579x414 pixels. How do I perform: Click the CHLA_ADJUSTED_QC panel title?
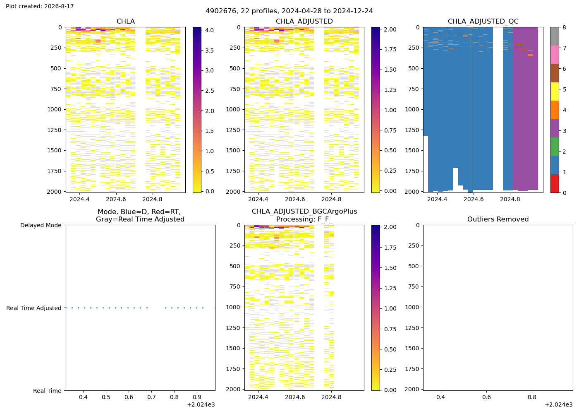coord(483,21)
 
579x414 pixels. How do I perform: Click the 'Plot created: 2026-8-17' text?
coord(40,6)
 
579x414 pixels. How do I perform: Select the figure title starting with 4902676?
coord(289,11)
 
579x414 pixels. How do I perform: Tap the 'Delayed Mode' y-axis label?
coord(41,225)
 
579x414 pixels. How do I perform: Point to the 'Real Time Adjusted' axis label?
coord(34,308)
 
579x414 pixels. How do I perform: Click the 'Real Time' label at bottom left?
coord(47,391)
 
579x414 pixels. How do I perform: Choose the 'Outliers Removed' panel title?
coord(498,219)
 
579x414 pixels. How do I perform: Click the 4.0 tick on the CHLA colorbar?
coord(209,30)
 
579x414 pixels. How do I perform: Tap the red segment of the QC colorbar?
coord(555,183)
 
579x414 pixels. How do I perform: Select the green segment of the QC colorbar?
coord(555,147)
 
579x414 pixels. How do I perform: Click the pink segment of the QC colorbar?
coord(555,55)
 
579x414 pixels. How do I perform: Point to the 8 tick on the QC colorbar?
coord(564,27)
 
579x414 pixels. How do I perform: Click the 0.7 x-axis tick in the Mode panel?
coord(151,397)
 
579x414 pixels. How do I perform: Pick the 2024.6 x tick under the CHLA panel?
coord(116,199)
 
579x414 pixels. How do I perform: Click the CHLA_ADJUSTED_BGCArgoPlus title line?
coord(304,212)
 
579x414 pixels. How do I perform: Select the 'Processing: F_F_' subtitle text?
coord(304,219)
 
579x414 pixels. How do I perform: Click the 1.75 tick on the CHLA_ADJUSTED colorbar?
coord(390,49)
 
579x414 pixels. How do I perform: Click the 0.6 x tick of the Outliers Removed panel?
coord(486,397)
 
